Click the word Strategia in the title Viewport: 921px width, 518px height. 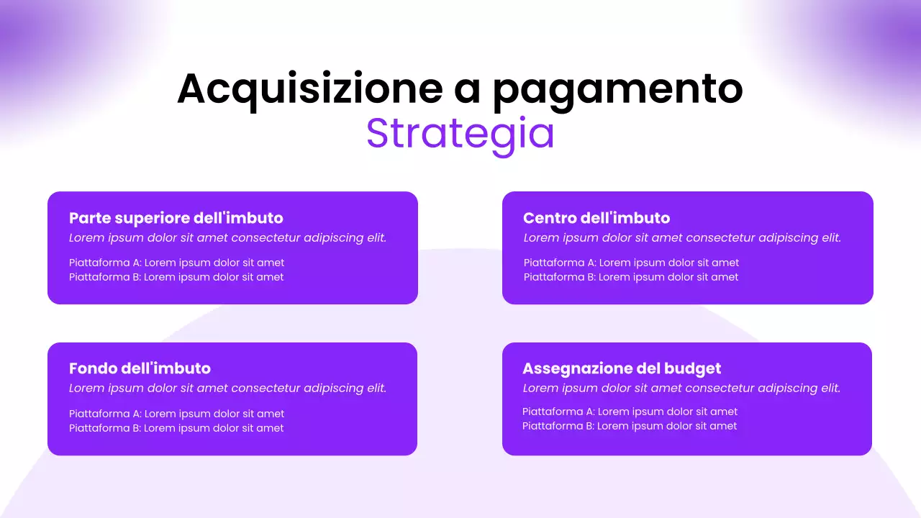pos(460,133)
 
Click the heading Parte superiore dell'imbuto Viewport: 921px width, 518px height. pos(176,218)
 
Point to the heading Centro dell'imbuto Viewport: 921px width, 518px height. pos(596,218)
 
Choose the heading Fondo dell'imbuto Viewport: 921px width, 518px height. pos(140,368)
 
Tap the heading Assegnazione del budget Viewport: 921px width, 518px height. pos(622,368)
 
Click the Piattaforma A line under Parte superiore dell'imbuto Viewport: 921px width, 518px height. pos(176,263)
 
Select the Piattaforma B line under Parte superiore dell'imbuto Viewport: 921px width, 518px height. pos(176,277)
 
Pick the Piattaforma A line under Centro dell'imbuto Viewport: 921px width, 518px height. pos(631,263)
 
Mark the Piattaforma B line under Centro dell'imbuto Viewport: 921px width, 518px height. pos(631,277)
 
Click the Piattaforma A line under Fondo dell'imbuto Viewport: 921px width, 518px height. pos(176,414)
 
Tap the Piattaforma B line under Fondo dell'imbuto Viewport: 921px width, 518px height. pos(176,428)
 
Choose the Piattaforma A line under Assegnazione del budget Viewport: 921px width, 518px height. pos(630,412)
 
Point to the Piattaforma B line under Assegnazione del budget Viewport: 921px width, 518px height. pos(630,426)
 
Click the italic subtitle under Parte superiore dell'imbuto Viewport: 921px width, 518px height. pos(227,238)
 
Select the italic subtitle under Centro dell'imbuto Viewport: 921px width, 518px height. pos(682,238)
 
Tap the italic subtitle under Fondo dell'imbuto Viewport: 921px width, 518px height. pos(227,388)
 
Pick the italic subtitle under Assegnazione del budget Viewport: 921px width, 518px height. pos(681,388)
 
